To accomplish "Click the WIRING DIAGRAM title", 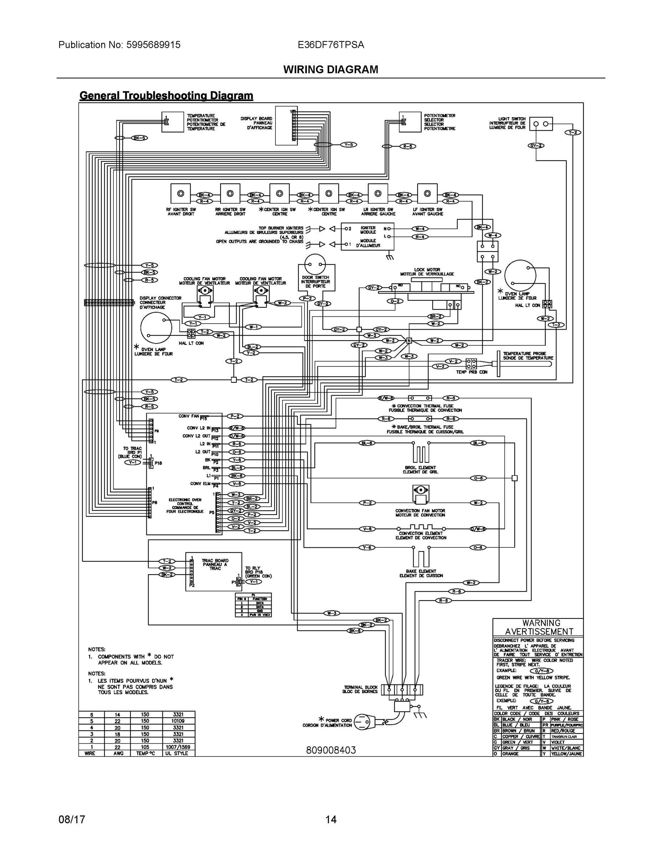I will tap(330, 70).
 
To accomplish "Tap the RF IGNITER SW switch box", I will tap(181, 194).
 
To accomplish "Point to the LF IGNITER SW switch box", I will tap(427, 194).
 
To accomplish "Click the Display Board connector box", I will tap(286, 126).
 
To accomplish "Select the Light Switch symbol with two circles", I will tap(541, 124).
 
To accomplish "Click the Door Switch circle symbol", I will tap(315, 264).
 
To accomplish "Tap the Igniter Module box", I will tap(367, 237).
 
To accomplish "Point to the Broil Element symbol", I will tap(420, 452).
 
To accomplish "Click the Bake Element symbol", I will tap(420, 557).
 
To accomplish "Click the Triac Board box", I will tap(214, 572).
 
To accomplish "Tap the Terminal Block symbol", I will tap(401, 690).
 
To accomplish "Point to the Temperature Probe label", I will tap(528, 356).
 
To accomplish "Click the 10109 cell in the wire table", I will tap(178, 721).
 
